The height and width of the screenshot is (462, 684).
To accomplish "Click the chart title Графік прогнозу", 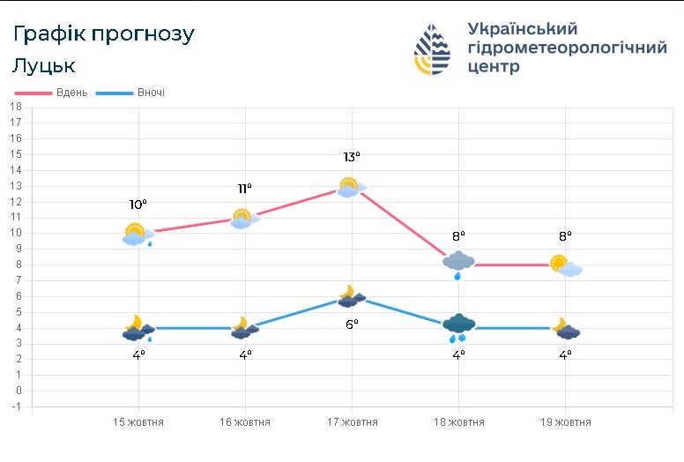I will point(103,34).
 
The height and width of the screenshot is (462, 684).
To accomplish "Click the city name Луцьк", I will point(44,66).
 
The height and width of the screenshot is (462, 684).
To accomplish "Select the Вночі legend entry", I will point(151,93).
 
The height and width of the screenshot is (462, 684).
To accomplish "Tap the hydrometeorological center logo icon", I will point(432,48).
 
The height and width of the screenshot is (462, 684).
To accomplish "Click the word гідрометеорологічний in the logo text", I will point(567,48).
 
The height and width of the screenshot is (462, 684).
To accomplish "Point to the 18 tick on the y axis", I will point(15,106).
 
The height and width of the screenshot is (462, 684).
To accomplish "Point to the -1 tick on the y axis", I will point(15,406).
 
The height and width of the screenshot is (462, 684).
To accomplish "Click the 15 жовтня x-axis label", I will point(138,422).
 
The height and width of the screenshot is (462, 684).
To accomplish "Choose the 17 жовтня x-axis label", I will point(352,422).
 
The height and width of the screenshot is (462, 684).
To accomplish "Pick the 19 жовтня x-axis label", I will point(565,422).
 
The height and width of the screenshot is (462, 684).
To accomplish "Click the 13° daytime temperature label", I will point(352,158).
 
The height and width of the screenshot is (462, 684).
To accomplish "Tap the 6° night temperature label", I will point(352,324).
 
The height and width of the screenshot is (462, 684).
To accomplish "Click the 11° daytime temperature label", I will point(245,189).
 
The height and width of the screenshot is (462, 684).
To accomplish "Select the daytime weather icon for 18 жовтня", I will point(458,262).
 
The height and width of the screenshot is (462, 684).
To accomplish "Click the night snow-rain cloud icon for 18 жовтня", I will point(458,326).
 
